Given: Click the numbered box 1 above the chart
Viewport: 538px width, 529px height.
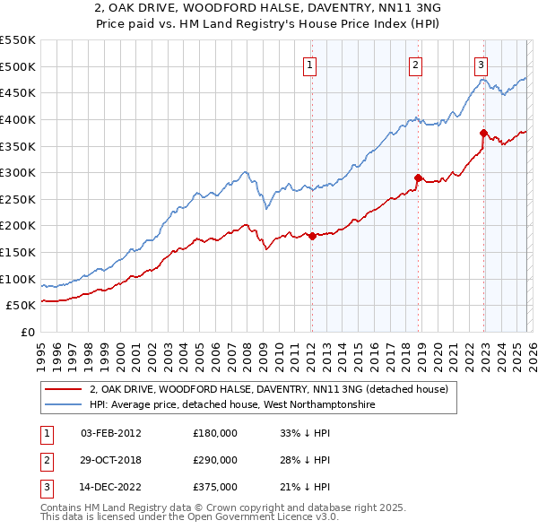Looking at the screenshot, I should pos(309,64).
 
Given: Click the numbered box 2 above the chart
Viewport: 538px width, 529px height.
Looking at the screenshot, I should pos(416,64).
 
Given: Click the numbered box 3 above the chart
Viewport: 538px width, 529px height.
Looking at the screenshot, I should pos(482,64).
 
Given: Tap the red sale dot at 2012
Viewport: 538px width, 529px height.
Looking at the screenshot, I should pos(312,236).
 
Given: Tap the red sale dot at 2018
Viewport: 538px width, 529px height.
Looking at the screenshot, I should pos(419,178).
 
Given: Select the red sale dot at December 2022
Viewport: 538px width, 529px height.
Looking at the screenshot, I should pos(484,133).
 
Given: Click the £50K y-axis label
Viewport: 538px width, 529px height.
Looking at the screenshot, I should pos(21,305).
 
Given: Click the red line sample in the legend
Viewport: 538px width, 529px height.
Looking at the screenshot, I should pos(65,389).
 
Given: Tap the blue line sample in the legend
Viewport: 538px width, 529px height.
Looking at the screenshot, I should pos(65,404).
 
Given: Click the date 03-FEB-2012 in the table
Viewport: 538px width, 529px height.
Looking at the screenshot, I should pos(110,434).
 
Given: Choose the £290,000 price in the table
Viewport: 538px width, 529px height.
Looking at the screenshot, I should pos(215,460).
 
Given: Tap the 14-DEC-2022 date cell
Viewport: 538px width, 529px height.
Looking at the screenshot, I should pos(110,487).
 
